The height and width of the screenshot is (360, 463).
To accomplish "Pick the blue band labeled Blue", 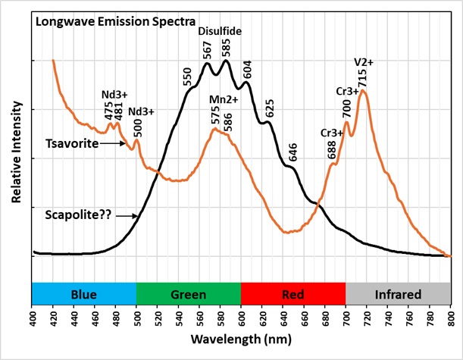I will point(84,293).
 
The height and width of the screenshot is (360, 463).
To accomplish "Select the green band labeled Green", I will point(189,293).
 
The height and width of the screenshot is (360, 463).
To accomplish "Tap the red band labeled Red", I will point(293,293).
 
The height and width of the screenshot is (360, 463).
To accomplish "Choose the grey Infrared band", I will point(398,293).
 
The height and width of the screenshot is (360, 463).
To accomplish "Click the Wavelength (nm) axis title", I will point(242,339).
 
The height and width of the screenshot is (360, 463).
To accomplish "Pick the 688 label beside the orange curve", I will point(332,149).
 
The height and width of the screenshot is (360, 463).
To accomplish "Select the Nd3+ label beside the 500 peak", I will point(140,112).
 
